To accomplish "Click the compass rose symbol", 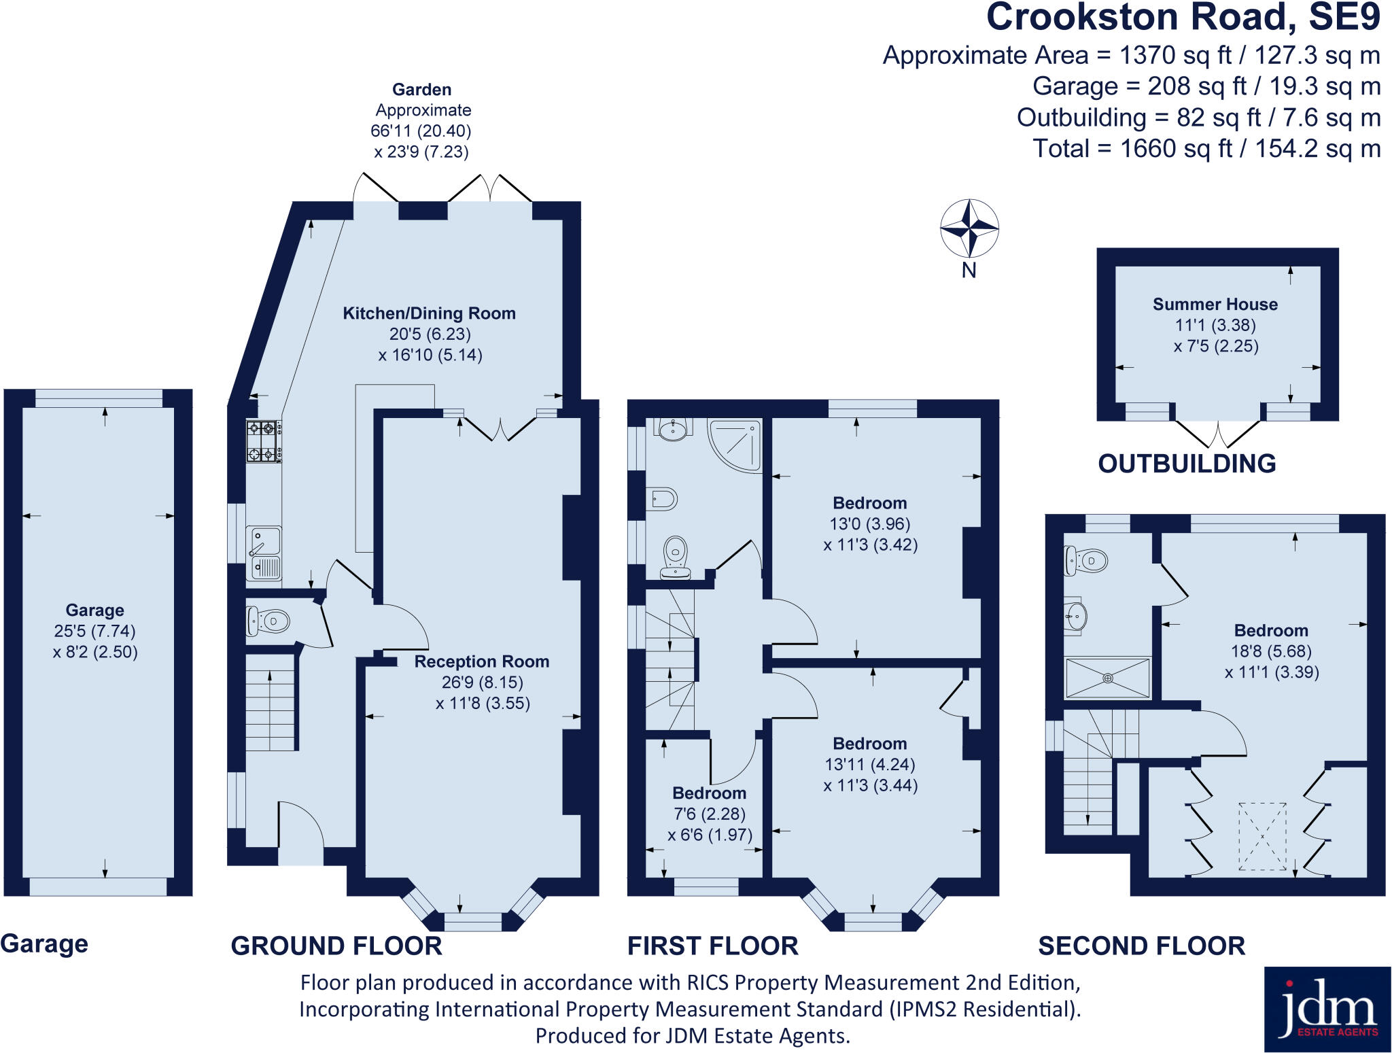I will pos(969,228).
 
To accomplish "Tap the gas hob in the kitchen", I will pos(264,442).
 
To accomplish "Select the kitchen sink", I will pos(264,553).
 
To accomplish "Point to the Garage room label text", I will pos(94,610).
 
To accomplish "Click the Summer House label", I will pos(1215,304).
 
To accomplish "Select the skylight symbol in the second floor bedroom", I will pos(1262,836).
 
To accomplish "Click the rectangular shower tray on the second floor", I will pos(1107,678).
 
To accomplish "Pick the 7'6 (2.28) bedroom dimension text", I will pos(709,814).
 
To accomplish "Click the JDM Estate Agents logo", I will pos(1327,1009).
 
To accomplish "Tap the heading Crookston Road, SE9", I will pos(1183,18).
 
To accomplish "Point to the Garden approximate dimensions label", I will pos(421,120).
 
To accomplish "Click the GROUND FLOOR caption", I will pos(336,946).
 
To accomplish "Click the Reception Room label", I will pos(481,661).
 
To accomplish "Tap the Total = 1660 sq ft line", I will pos(1206,148).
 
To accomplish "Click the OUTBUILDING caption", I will pos(1187,464).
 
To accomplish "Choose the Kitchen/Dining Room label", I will pos(429,313).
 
